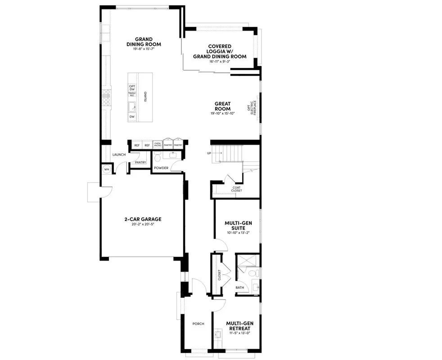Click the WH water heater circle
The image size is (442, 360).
click(x=107, y=170)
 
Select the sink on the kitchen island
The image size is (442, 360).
click(x=132, y=107)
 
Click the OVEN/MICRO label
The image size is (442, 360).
click(x=158, y=145)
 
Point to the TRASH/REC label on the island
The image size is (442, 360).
click(x=132, y=94)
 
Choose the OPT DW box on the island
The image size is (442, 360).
click(x=132, y=88)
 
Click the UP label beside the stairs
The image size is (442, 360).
click(x=209, y=153)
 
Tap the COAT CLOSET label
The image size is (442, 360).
click(x=237, y=189)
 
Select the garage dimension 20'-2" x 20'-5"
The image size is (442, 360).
click(x=143, y=225)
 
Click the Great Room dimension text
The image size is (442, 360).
click(x=222, y=113)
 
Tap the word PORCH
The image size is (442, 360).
click(x=198, y=324)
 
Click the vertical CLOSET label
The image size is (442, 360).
click(x=219, y=274)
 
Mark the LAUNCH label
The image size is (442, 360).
click(x=119, y=155)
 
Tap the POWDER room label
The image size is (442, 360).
click(x=161, y=168)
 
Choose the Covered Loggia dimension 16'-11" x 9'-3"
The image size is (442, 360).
click(x=220, y=62)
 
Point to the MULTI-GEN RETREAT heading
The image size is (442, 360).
click(x=238, y=325)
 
